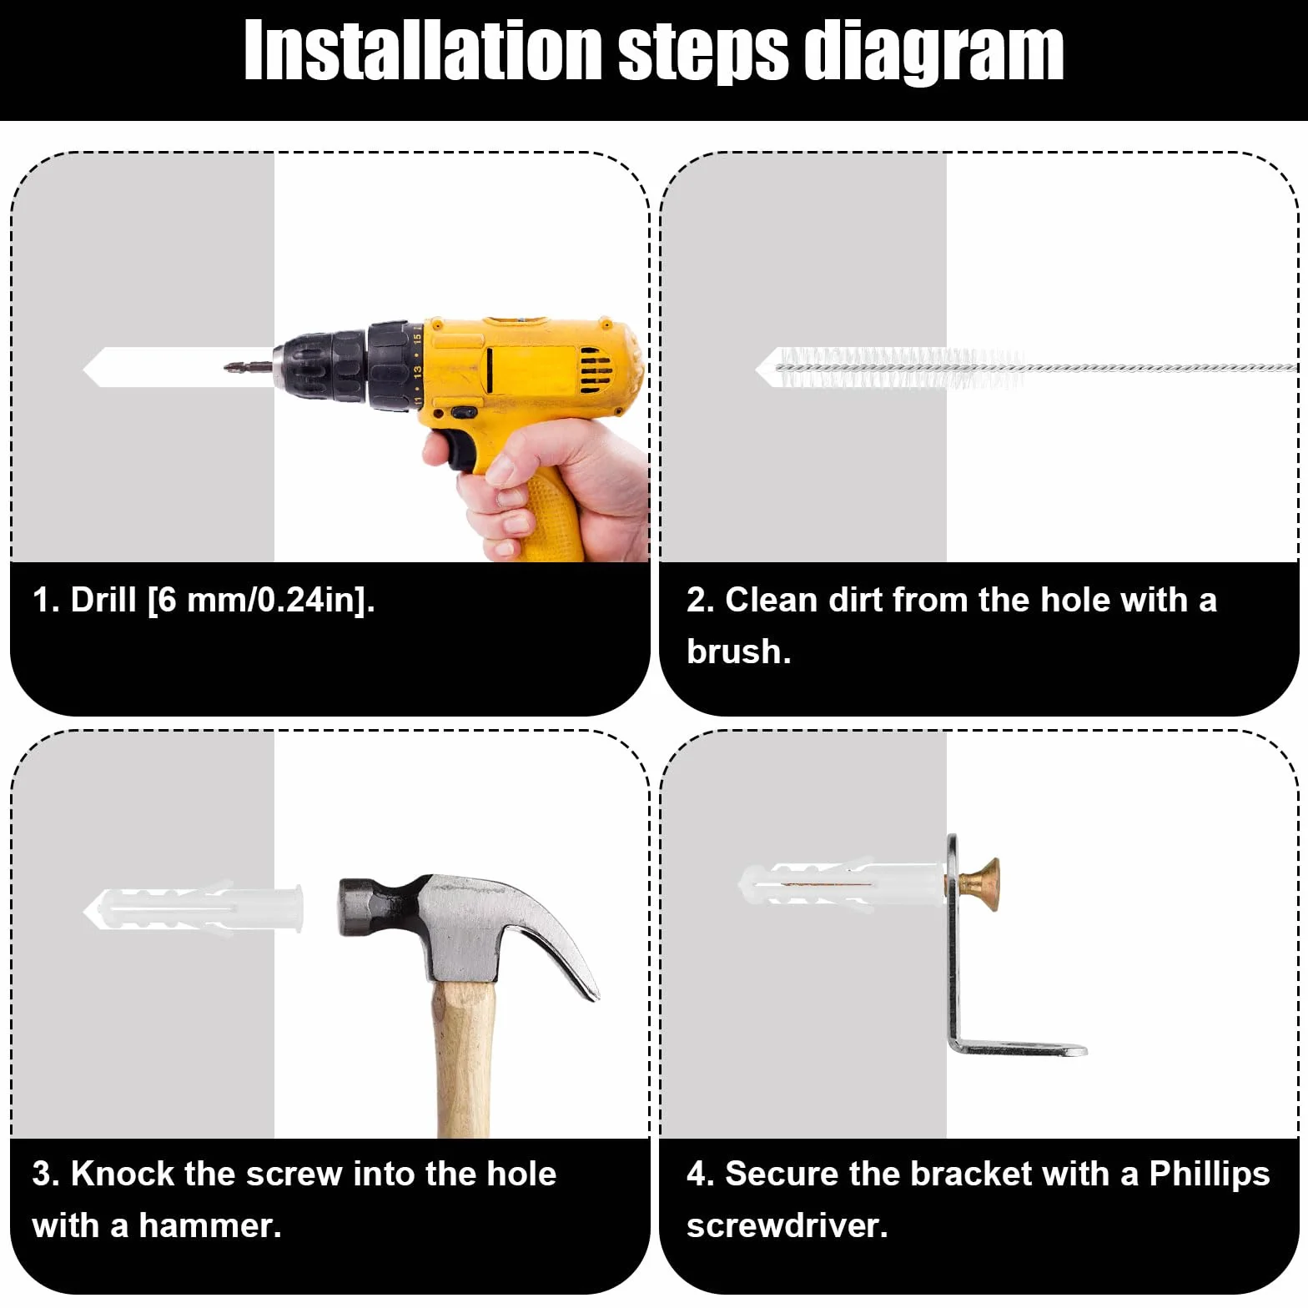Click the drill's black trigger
pyautogui.click(x=458, y=448)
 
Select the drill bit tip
pyautogui.click(x=227, y=366)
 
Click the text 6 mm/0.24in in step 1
pyautogui.click(x=259, y=600)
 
